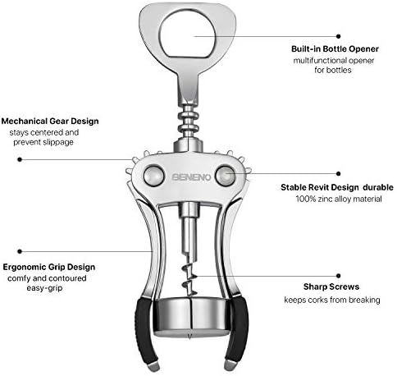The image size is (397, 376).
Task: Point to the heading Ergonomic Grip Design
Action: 48,267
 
